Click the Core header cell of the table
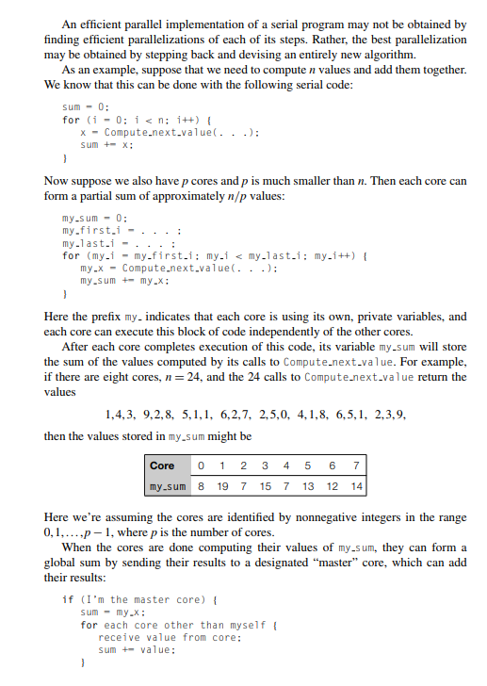point(162,465)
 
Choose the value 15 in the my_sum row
point(266,486)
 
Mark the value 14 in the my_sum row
point(355,486)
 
